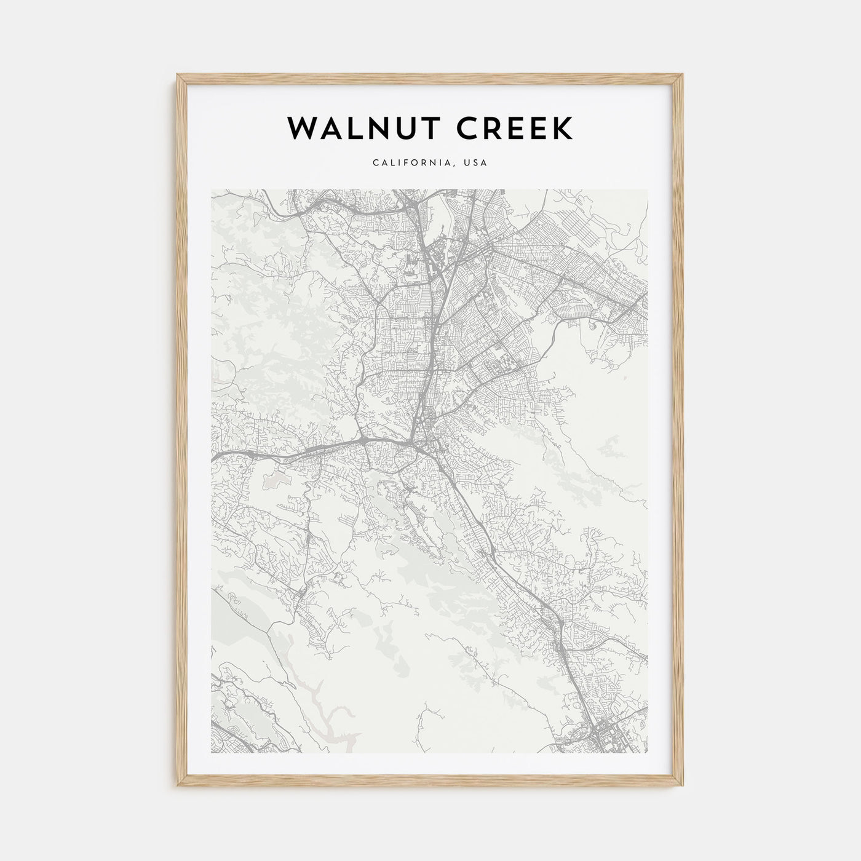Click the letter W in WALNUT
tap(301, 128)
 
